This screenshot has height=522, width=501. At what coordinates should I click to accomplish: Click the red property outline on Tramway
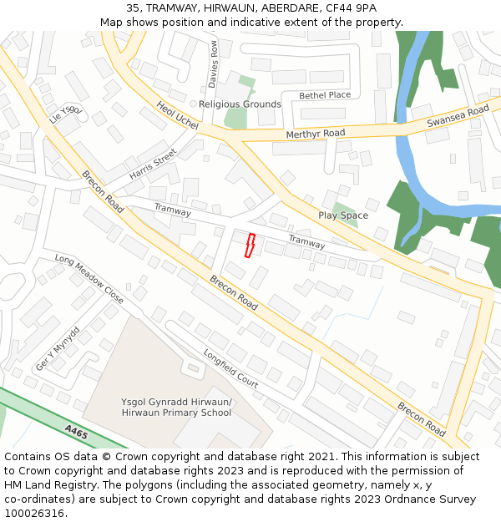pyautogui.click(x=248, y=245)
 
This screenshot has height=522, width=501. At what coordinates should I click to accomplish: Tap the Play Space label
pyautogui.click(x=342, y=215)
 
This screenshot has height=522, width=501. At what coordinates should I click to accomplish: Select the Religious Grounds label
pyautogui.click(x=240, y=104)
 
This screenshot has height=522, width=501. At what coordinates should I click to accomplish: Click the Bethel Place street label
pyautogui.click(x=325, y=95)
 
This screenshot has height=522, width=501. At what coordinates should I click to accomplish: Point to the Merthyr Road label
pyautogui.click(x=315, y=134)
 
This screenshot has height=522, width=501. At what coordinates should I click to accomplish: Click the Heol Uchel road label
pyautogui.click(x=177, y=115)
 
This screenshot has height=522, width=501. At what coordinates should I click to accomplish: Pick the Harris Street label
pyautogui.click(x=153, y=165)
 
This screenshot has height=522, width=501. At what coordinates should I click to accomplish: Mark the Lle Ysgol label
pyautogui.click(x=67, y=114)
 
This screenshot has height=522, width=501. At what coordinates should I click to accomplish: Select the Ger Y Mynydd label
pyautogui.click(x=57, y=349)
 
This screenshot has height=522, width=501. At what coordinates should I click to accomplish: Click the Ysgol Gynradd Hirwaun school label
pyautogui.click(x=176, y=407)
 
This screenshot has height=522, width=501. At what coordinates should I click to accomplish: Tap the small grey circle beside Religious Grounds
pyautogui.click(x=193, y=104)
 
